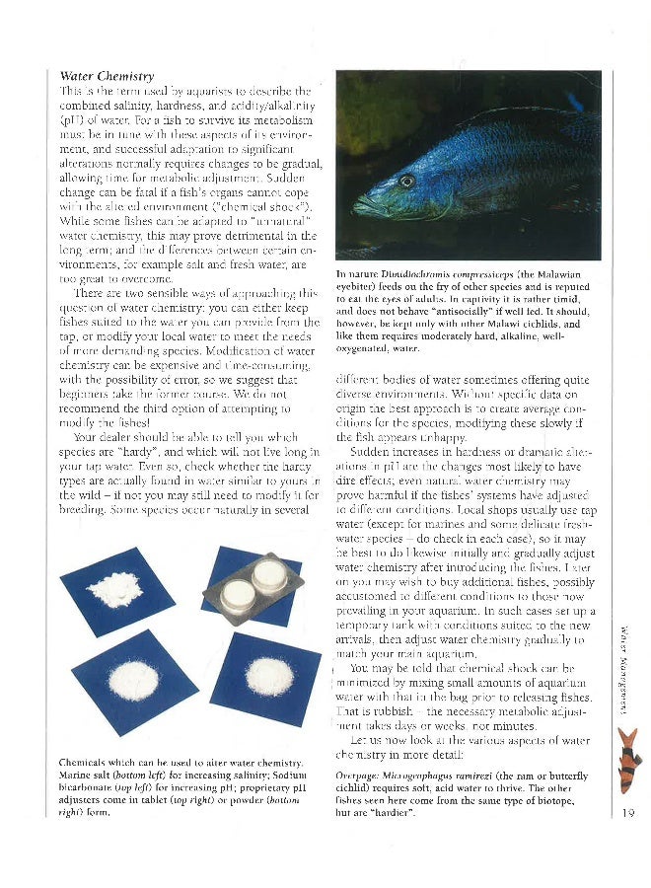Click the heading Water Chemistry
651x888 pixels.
[x=107, y=76]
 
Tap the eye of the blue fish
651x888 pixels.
[x=406, y=181]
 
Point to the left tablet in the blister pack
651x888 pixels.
[x=238, y=593]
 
